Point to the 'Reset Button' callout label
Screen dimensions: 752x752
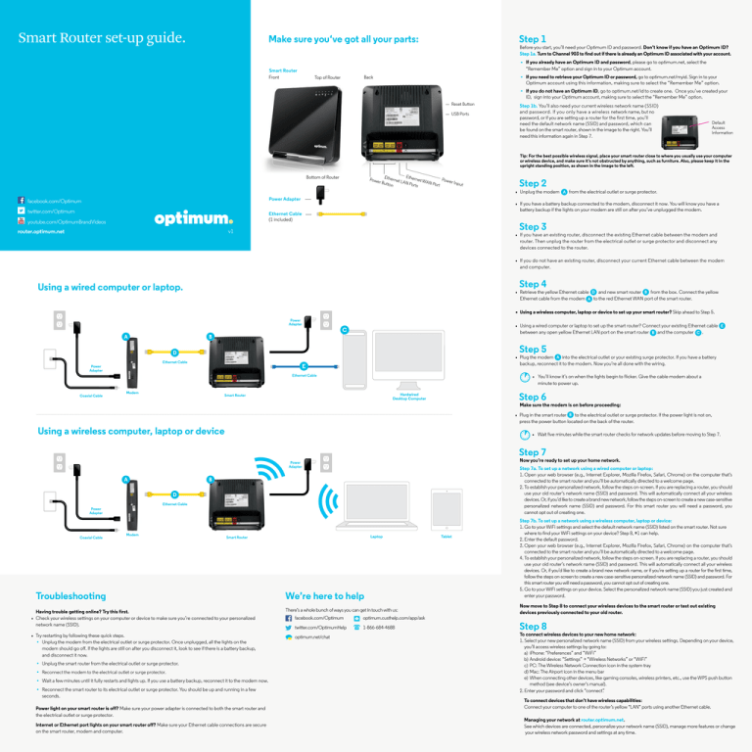click(462, 103)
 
